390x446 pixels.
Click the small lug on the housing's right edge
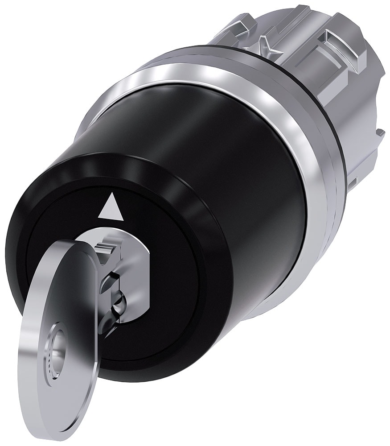click(x=380, y=132)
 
